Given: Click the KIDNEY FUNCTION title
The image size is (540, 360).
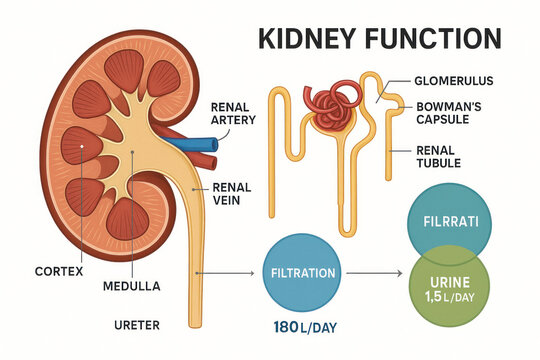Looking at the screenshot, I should pos(379,39).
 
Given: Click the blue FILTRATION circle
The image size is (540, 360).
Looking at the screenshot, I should pos(304,272).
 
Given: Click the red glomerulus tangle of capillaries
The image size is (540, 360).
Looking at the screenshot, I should pos(331,108).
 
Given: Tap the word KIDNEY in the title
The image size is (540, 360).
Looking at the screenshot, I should pos(304,39).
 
